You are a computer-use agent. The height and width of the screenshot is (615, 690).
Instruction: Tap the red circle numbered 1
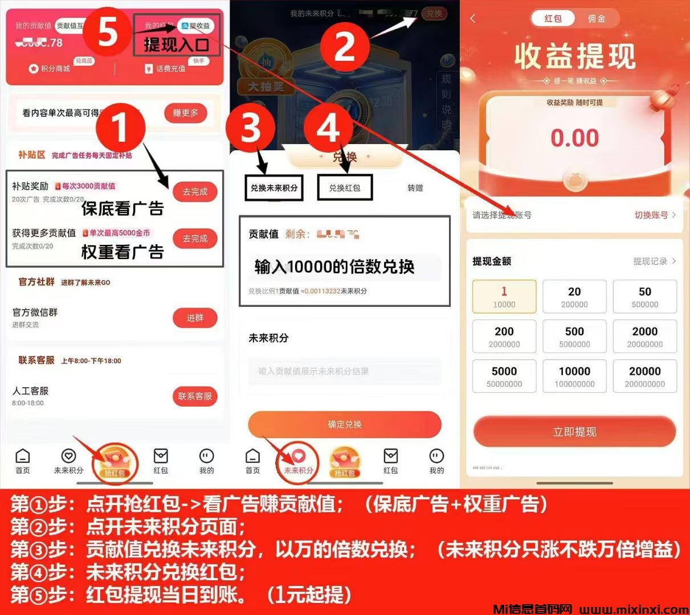point(120,128)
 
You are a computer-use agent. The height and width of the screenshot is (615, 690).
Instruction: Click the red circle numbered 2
point(345,45)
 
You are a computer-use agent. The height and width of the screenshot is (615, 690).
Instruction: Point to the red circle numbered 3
point(251,128)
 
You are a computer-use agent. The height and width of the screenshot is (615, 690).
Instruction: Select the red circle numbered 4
point(328,128)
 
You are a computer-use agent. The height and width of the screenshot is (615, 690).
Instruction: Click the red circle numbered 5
point(108,32)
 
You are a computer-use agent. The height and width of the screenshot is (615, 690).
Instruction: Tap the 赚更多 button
point(185,113)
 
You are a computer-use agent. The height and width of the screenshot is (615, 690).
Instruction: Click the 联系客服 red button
point(195,396)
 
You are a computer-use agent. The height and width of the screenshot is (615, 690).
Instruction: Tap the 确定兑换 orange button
point(345,424)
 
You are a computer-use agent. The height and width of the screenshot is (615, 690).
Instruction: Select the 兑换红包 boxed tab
point(345,188)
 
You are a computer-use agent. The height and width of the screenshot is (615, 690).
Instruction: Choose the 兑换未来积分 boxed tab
point(274,188)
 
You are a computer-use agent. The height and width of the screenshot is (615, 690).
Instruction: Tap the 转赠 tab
point(415,188)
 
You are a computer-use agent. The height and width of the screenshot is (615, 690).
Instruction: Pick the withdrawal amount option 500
point(574,337)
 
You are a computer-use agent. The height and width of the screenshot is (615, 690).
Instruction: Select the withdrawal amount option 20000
point(645,376)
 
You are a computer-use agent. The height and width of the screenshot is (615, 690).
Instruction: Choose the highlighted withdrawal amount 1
point(504,297)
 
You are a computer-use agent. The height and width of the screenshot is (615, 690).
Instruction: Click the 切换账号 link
point(654,215)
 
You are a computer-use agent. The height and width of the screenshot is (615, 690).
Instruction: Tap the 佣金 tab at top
point(597,19)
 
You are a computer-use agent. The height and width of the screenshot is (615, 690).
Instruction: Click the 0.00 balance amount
point(574,138)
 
